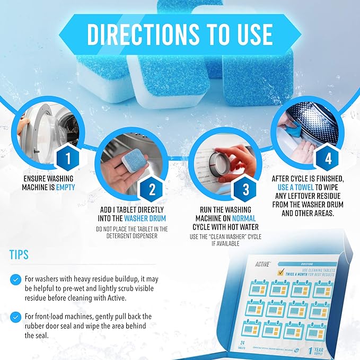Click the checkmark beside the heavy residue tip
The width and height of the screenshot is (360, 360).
pyautogui.click(x=16, y=279)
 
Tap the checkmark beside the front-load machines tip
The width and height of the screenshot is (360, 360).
pyautogui.click(x=16, y=317)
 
